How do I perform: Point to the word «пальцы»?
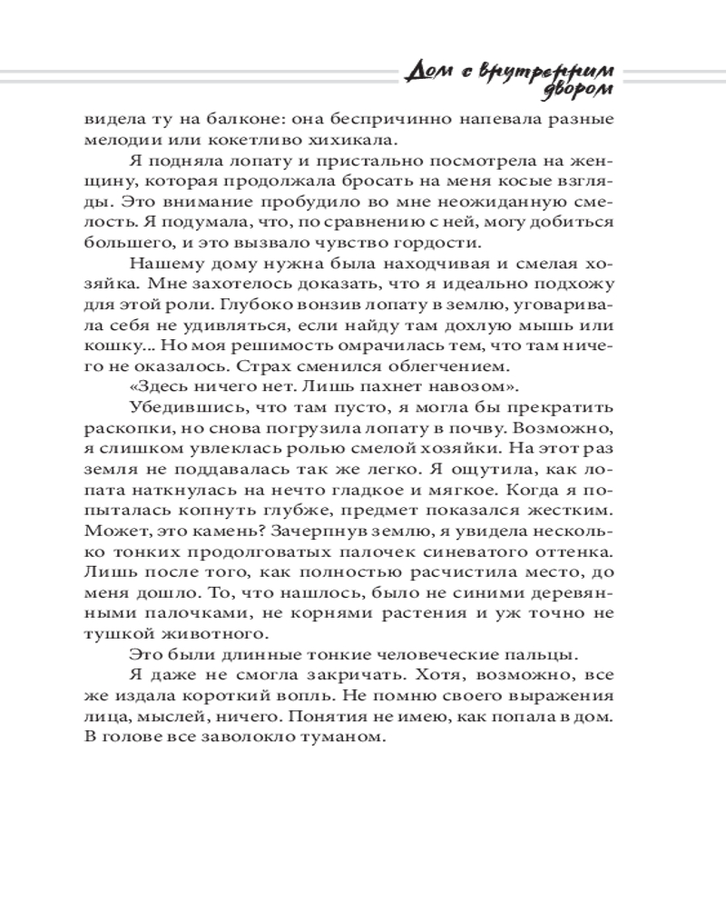point(541,655)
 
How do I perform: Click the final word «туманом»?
point(347,737)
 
